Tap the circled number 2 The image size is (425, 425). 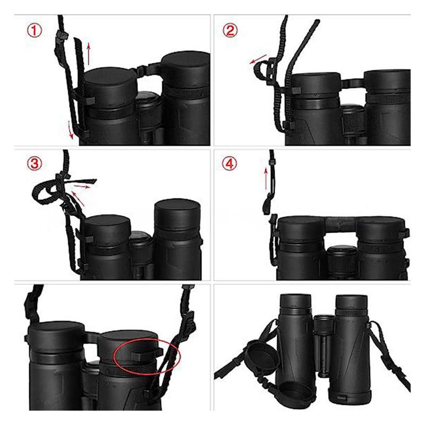pos(231,30)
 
